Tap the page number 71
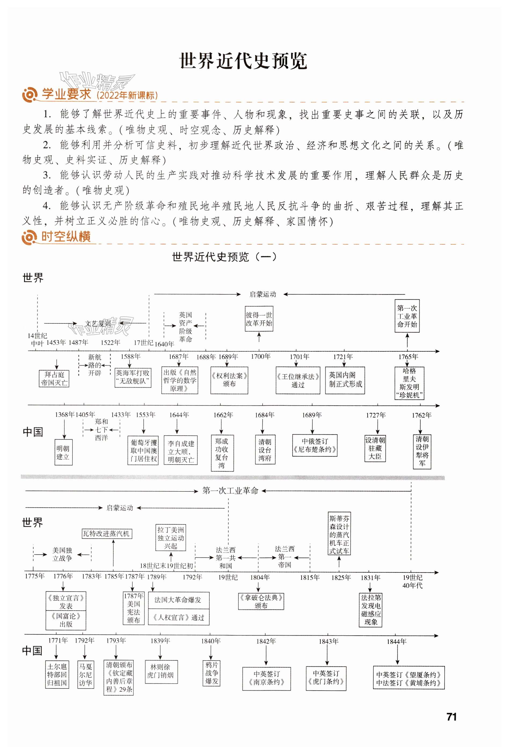pos(452,717)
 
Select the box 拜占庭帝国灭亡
pos(54,379)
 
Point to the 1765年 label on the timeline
pos(408,357)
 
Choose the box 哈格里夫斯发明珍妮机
pos(409,383)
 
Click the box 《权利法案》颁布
pos(229,380)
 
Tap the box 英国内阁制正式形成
pos(345,380)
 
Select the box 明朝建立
pos(63,453)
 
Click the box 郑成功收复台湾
pos(222,453)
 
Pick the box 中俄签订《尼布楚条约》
pos(315,446)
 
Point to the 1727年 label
pos(376,415)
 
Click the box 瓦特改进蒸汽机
pos(107,533)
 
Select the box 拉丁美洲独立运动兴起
pos(171,538)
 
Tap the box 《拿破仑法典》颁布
pos(261,601)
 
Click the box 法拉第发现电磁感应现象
pos(371,610)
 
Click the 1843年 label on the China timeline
pos(328,641)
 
